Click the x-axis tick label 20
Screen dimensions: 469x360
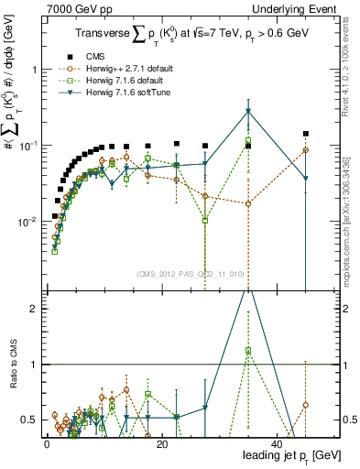[x=161, y=443]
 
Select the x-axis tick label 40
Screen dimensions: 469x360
[x=277, y=443]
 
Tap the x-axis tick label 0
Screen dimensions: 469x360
[x=46, y=443]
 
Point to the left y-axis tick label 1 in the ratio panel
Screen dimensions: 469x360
[x=34, y=365]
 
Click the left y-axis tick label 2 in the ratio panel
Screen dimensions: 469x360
[x=34, y=309]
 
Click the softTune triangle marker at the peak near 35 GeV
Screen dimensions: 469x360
[x=248, y=112]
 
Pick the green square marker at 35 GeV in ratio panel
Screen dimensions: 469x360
[x=248, y=351]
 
